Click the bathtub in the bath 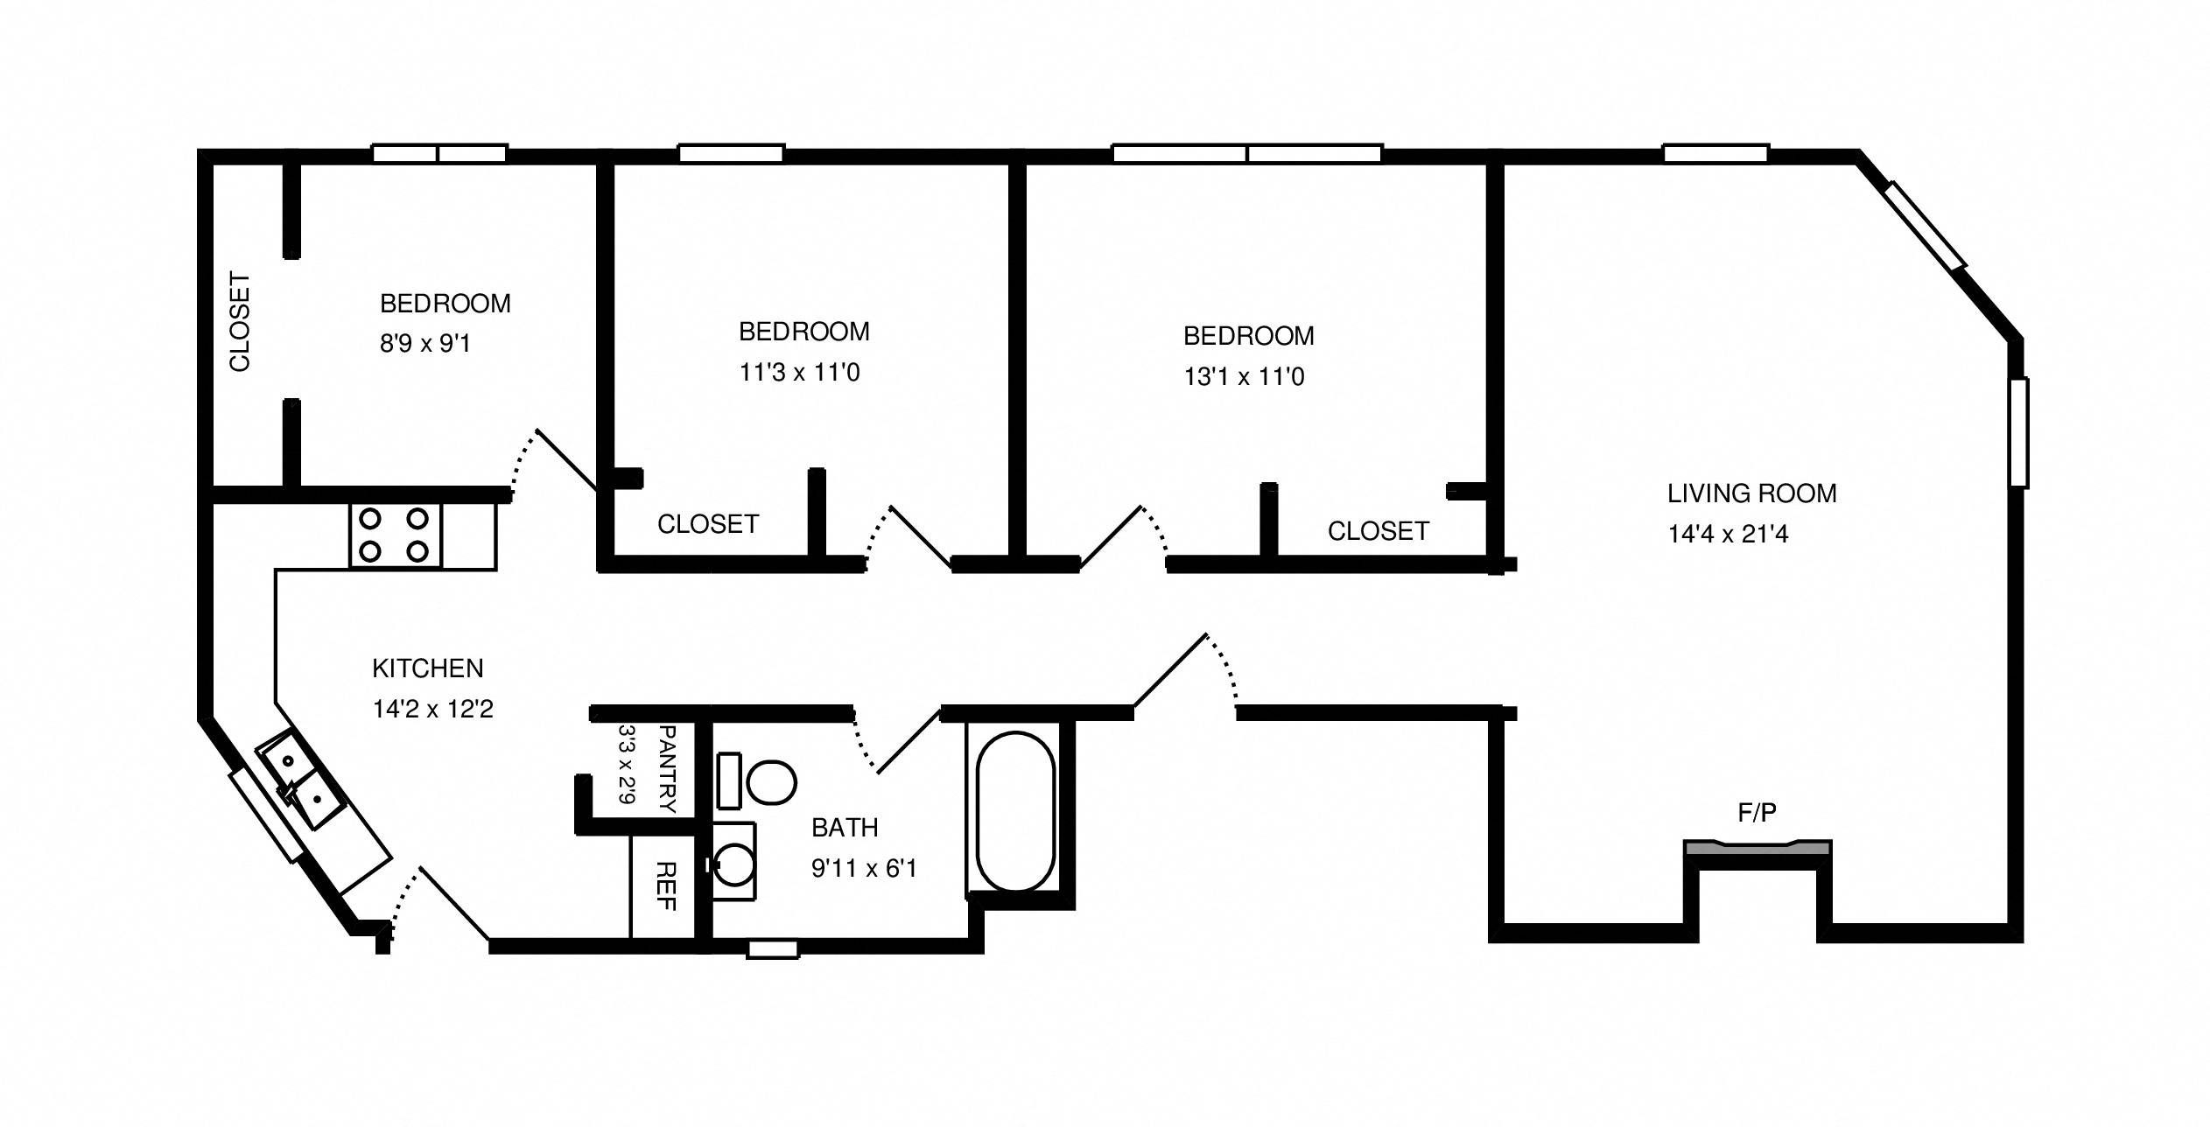(x=1015, y=811)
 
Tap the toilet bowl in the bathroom (x=770, y=781)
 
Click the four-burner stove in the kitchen (x=395, y=535)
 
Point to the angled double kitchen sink (x=302, y=780)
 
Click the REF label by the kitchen (x=666, y=886)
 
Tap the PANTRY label (x=667, y=769)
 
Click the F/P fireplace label (x=1756, y=813)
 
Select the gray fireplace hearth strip (x=1757, y=848)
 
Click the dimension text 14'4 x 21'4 (x=1728, y=534)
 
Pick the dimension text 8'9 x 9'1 (x=425, y=344)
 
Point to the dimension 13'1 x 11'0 (x=1244, y=377)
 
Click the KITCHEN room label (x=427, y=668)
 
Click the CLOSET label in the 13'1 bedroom (x=1378, y=531)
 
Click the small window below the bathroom (x=772, y=949)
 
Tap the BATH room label (x=844, y=827)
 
